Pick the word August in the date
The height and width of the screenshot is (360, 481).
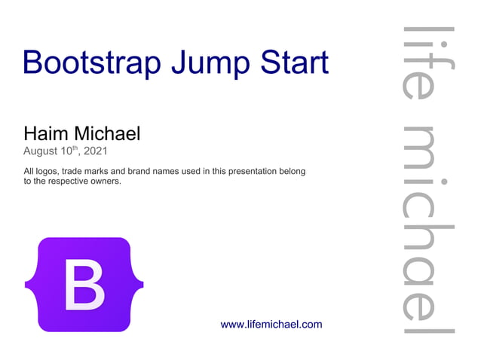click(x=43, y=151)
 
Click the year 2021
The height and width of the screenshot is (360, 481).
click(x=95, y=151)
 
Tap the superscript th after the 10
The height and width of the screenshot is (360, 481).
click(x=74, y=148)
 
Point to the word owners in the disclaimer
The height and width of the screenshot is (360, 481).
click(x=103, y=182)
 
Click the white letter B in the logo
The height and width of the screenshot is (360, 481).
click(x=84, y=285)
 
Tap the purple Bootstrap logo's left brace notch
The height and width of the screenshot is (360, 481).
click(x=28, y=285)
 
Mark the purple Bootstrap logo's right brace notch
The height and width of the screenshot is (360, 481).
click(x=140, y=285)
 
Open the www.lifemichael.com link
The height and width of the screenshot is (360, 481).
click(x=271, y=325)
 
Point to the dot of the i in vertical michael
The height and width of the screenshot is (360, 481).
click(x=446, y=182)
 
